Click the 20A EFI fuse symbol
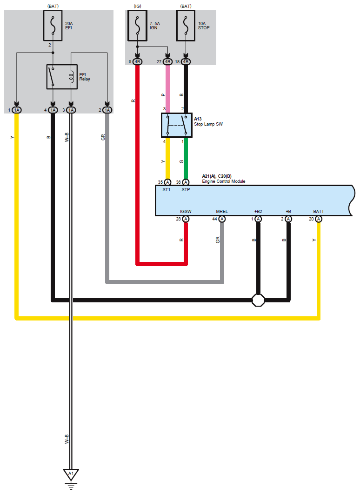(53, 26)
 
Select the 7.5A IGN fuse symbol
(137, 26)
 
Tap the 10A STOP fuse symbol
(186, 26)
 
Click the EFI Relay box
(62, 77)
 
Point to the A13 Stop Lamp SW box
(177, 126)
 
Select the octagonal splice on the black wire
(258, 300)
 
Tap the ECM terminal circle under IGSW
(186, 219)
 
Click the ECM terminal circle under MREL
(222, 219)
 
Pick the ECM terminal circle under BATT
(319, 219)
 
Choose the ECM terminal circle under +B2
(258, 219)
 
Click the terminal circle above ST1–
(167, 182)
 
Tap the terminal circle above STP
(186, 182)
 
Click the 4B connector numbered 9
(137, 62)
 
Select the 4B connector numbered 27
(167, 62)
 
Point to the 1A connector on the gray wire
(107, 110)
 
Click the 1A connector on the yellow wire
(17, 110)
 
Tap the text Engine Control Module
(224, 181)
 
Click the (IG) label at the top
(137, 7)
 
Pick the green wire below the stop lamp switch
(186, 159)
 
